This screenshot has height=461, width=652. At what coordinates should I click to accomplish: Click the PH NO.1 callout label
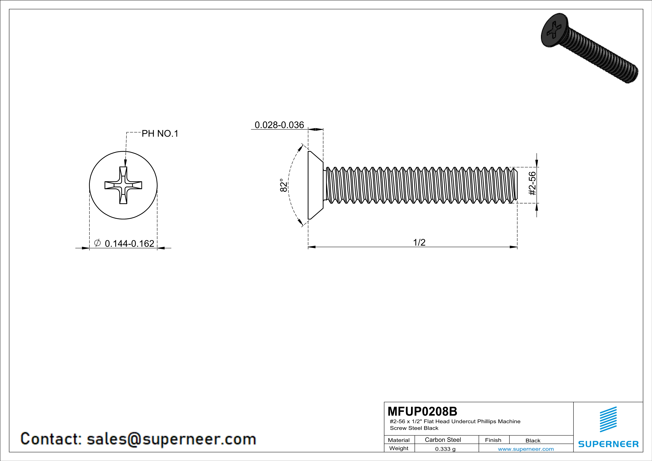[160, 133]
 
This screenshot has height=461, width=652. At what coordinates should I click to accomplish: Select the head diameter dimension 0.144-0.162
[130, 244]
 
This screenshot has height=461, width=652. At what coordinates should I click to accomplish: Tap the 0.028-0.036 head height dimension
[279, 125]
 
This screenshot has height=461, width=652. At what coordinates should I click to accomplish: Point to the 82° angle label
[283, 185]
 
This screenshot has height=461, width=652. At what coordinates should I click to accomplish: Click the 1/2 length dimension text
[419, 242]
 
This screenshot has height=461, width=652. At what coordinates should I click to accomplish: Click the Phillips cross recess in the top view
[123, 185]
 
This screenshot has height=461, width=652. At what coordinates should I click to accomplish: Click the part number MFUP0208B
[422, 411]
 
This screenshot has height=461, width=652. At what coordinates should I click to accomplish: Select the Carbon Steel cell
[443, 440]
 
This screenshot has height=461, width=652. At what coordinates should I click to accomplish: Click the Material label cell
[399, 440]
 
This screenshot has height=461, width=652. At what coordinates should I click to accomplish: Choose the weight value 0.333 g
[445, 449]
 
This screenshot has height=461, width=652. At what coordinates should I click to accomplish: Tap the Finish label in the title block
[493, 440]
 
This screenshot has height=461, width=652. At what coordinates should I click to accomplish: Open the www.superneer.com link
[526, 449]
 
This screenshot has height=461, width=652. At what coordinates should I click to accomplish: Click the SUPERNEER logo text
[608, 444]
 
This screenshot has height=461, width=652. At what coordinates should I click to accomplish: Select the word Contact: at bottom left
[51, 439]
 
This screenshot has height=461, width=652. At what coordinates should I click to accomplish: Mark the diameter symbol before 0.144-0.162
[97, 243]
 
